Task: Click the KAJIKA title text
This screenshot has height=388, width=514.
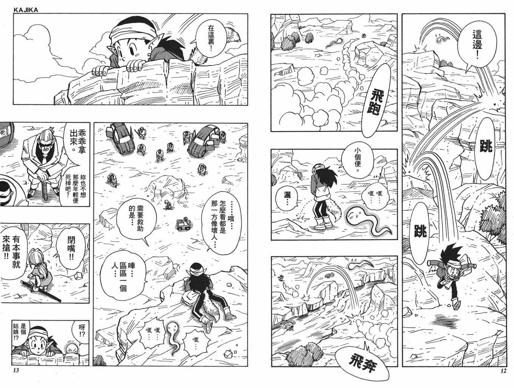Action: [x=26, y=10]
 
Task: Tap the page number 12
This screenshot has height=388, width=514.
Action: [x=503, y=371]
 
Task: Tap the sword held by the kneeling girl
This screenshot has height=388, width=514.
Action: [x=41, y=291]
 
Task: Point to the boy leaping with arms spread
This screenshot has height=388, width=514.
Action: [x=451, y=276]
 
